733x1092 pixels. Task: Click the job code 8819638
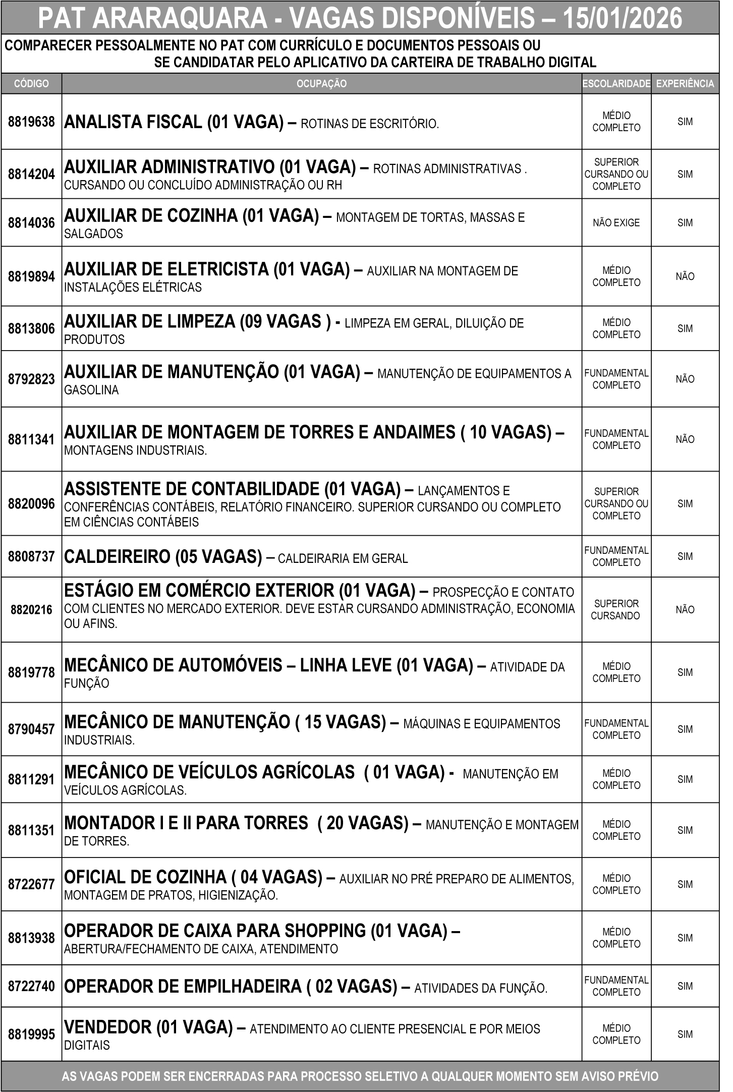tap(31, 122)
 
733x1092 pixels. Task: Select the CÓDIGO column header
tap(31, 84)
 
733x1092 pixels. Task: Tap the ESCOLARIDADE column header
tap(616, 84)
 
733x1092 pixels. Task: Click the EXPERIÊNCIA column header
tap(685, 84)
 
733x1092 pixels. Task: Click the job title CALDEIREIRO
tap(118, 557)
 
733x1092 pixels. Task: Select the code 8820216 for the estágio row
tap(31, 610)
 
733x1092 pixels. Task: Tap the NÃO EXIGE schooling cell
tap(616, 223)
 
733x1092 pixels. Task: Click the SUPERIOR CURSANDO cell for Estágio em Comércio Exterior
tap(616, 610)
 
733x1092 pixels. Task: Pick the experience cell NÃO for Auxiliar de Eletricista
tap(685, 276)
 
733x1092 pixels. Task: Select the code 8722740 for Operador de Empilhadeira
tap(31, 986)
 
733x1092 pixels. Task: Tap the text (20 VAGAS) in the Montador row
tap(363, 823)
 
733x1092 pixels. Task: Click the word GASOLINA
tap(91, 390)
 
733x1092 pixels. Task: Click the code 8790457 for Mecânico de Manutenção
tap(31, 729)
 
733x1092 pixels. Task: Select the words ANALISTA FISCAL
tap(133, 122)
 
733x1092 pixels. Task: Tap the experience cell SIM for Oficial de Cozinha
tap(685, 884)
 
